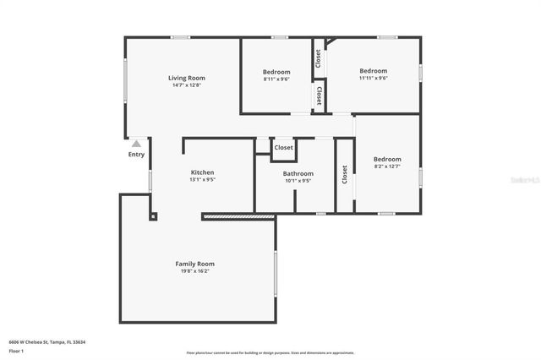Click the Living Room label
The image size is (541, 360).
(188, 78)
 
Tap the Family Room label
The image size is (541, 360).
(194, 264)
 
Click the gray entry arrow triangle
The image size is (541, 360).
(136, 145)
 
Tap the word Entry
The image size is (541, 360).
(136, 155)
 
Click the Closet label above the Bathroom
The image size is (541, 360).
(284, 147)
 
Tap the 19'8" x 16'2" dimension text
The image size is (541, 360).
(194, 271)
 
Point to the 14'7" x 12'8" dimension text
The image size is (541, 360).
(188, 85)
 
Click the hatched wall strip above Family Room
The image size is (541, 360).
(239, 217)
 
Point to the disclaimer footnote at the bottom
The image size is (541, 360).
(270, 353)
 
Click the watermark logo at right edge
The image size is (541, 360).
(529, 179)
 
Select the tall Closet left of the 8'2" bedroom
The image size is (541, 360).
(345, 174)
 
